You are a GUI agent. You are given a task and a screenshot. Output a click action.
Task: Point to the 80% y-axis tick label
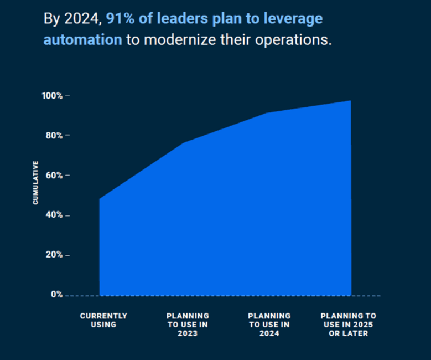[54, 136]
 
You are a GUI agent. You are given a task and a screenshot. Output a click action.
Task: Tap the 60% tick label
[54, 176]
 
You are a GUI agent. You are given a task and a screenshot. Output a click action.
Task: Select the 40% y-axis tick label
[54, 215]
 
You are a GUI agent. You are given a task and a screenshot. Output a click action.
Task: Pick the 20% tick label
[54, 255]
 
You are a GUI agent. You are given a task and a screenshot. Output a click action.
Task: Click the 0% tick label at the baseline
[57, 295]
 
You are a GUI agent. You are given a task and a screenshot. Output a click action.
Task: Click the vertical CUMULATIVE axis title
[36, 183]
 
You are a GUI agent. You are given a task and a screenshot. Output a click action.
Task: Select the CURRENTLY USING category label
[103, 320]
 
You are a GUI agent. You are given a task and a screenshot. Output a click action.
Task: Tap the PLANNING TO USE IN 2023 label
[188, 325]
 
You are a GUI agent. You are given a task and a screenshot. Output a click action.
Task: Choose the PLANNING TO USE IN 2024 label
[269, 325]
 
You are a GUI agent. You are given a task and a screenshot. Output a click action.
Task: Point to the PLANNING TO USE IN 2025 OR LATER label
[348, 325]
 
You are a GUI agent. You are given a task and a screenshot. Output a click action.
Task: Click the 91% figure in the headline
[121, 18]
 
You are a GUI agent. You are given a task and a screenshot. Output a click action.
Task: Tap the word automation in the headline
[82, 40]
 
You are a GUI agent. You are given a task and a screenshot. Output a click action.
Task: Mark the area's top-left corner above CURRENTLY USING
[100, 199]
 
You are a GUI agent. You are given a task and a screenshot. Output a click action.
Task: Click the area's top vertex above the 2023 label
[183, 143]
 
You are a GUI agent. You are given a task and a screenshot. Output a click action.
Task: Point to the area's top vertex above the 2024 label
[267, 113]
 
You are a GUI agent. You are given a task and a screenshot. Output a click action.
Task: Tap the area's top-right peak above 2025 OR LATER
[350, 101]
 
